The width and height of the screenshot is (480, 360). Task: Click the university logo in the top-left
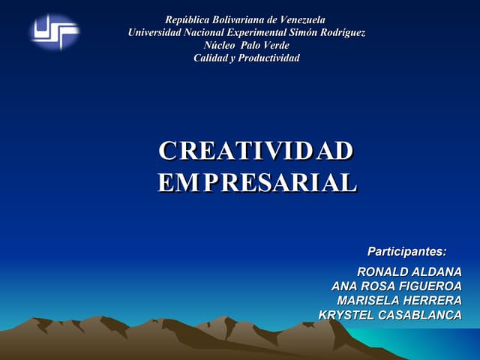(55, 32)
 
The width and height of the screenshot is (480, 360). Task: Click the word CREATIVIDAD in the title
(256, 151)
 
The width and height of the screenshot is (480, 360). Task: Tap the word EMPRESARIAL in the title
(257, 183)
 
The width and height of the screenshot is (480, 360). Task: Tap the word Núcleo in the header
(220, 45)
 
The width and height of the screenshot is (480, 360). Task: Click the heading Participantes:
(406, 250)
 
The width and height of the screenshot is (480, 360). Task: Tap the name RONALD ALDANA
(409, 271)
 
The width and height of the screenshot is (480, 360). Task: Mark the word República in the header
(189, 19)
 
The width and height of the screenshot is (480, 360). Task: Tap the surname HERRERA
(434, 300)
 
